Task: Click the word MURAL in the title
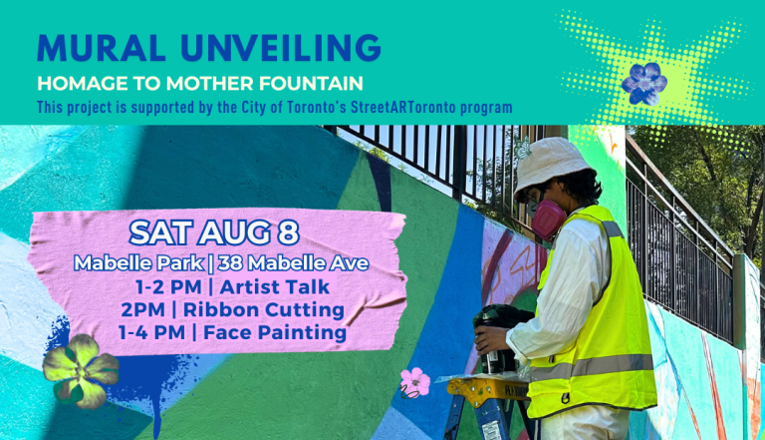[101, 48]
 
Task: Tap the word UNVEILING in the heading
[281, 48]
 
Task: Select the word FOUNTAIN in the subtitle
[311, 84]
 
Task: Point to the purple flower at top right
[644, 84]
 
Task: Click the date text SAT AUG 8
[214, 232]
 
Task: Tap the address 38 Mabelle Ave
[293, 263]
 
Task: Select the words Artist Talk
[275, 287]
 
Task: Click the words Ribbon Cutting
[264, 310]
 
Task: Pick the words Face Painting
[275, 333]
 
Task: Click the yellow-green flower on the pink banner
[81, 371]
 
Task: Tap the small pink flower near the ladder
[414, 382]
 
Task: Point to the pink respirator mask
[548, 220]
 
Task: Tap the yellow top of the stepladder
[488, 389]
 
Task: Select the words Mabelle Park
[138, 263]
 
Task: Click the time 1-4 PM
[151, 333]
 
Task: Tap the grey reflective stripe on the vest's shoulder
[613, 228]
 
